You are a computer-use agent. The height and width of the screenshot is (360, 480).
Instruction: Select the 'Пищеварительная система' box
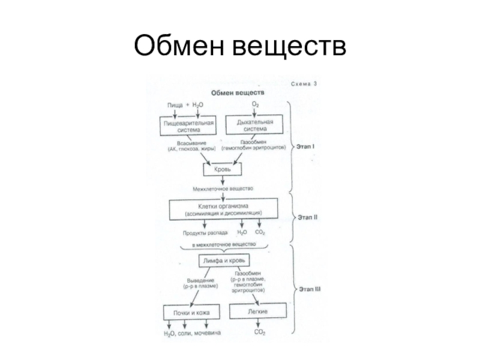click(188, 125)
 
